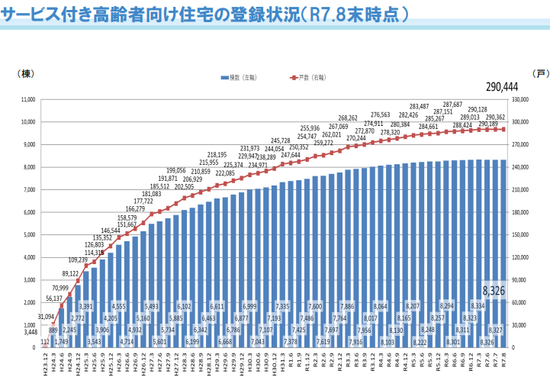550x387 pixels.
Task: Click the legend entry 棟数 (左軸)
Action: tap(243, 78)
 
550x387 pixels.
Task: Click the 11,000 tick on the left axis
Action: tap(29, 99)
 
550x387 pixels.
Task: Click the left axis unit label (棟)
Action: tap(23, 73)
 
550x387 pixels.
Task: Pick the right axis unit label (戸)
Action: tap(540, 73)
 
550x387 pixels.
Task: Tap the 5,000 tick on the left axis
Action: tap(30, 235)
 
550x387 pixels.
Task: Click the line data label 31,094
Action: tap(45, 317)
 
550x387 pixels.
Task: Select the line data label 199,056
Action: tap(176, 170)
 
